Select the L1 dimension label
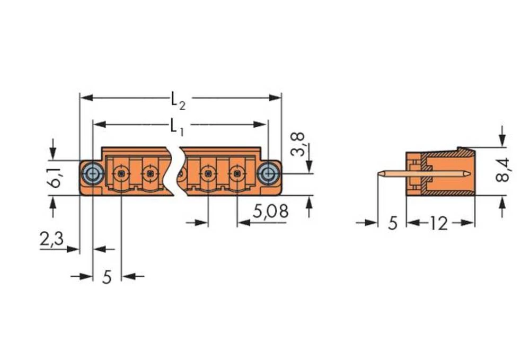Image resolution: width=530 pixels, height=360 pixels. pyautogui.click(x=176, y=127)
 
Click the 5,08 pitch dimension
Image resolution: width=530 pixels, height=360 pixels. pyautogui.click(x=270, y=212)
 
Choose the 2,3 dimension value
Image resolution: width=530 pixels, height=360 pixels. pyautogui.click(x=51, y=240)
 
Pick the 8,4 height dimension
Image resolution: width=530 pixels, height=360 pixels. pyautogui.click(x=502, y=170)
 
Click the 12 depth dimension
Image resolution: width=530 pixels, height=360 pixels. pyautogui.click(x=438, y=224)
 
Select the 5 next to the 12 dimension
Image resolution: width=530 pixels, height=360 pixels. pyautogui.click(x=392, y=224)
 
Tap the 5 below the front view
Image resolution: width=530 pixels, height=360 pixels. pyautogui.click(x=107, y=277)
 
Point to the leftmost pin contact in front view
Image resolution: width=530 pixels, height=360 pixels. pyautogui.click(x=121, y=173)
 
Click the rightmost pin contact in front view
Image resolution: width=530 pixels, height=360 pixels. pyautogui.click(x=236, y=173)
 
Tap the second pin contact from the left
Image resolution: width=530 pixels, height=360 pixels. pyautogui.click(x=151, y=173)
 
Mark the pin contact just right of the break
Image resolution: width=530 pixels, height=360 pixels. pyautogui.click(x=207, y=173)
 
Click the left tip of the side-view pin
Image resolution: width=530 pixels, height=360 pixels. pyautogui.click(x=379, y=173)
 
